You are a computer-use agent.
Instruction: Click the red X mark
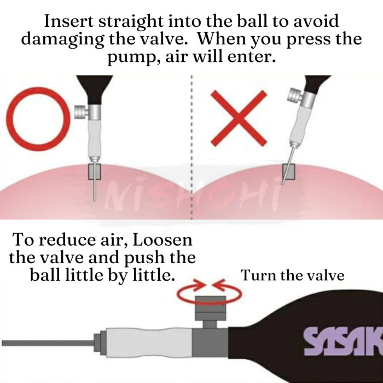click(239, 119)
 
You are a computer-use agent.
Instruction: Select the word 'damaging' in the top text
click(63, 39)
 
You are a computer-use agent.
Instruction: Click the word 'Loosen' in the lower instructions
click(162, 240)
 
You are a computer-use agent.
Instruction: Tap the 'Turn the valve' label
click(292, 275)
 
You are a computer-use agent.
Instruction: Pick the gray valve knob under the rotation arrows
click(210, 308)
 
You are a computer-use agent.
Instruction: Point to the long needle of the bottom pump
click(48, 343)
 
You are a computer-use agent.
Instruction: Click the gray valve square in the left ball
click(94, 172)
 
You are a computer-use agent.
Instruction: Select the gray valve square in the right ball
click(289, 172)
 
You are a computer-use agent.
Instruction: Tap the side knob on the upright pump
click(81, 112)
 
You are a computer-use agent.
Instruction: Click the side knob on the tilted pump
click(295, 96)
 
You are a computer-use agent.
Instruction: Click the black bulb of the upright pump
click(95, 89)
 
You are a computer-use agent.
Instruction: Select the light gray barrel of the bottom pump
click(149, 342)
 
